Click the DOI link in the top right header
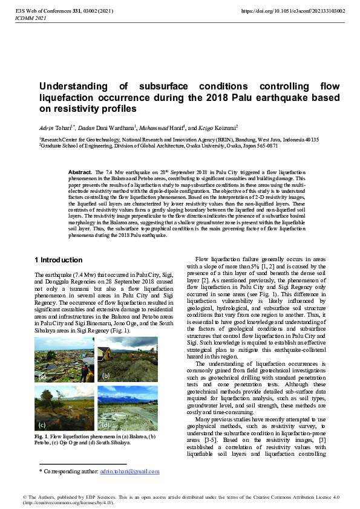pos(293,11)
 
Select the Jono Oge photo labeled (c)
pos(64,408)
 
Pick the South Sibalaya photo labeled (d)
pos(119,408)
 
